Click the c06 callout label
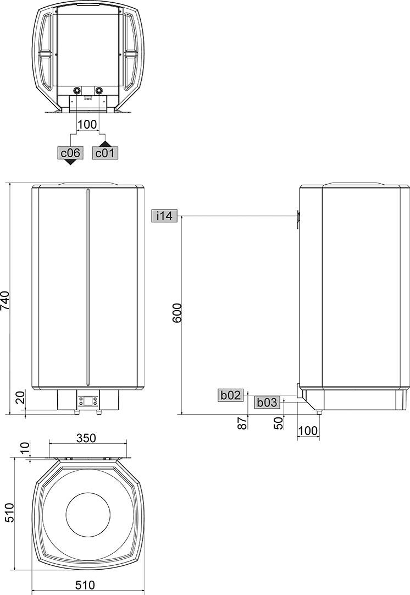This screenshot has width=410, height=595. click(x=70, y=152)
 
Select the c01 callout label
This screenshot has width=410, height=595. click(x=104, y=152)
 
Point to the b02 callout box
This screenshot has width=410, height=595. click(x=231, y=394)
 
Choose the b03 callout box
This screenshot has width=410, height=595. click(x=267, y=403)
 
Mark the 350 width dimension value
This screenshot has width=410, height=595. click(x=86, y=438)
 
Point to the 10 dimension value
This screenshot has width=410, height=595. click(x=23, y=449)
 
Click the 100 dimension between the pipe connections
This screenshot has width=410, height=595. click(x=87, y=124)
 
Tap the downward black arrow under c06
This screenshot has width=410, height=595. click(x=70, y=162)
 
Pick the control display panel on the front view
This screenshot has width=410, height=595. click(x=88, y=401)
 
